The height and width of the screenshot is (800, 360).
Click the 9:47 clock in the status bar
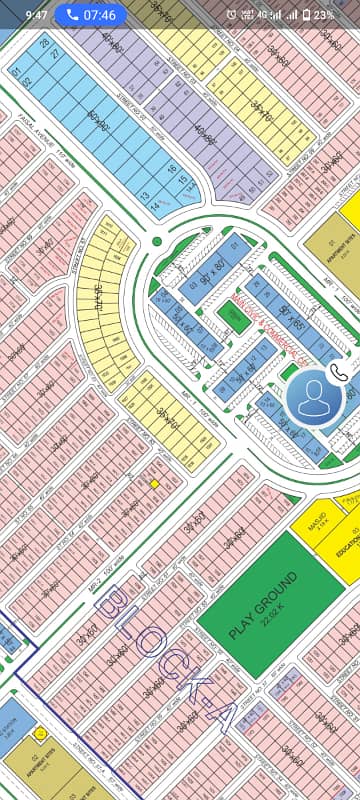pyautogui.click(x=36, y=15)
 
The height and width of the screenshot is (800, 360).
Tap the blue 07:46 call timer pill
pyautogui.click(x=87, y=15)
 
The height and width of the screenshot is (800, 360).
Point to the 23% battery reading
pyautogui.click(x=323, y=15)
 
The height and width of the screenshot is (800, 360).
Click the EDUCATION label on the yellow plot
pyautogui.click(x=348, y=551)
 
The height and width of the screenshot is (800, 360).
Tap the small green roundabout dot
pyautogui.click(x=157, y=241)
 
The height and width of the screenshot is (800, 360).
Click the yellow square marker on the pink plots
pyautogui.click(x=155, y=484)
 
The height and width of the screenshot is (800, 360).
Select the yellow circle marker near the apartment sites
pyautogui.click(x=40, y=733)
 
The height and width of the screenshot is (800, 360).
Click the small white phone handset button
pyautogui.click(x=339, y=370)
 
